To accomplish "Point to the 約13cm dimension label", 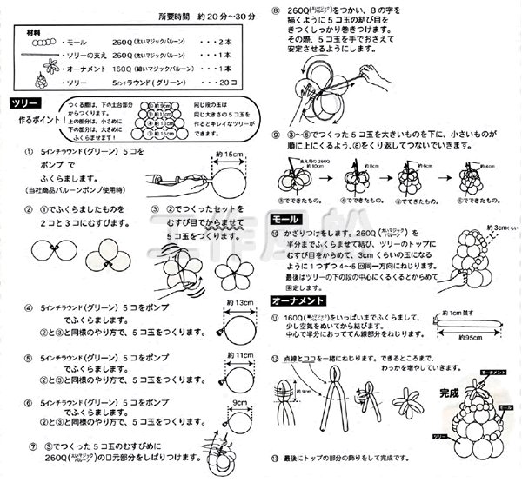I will [236, 303].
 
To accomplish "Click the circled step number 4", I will [30, 307].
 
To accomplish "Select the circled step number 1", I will [30, 152].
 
